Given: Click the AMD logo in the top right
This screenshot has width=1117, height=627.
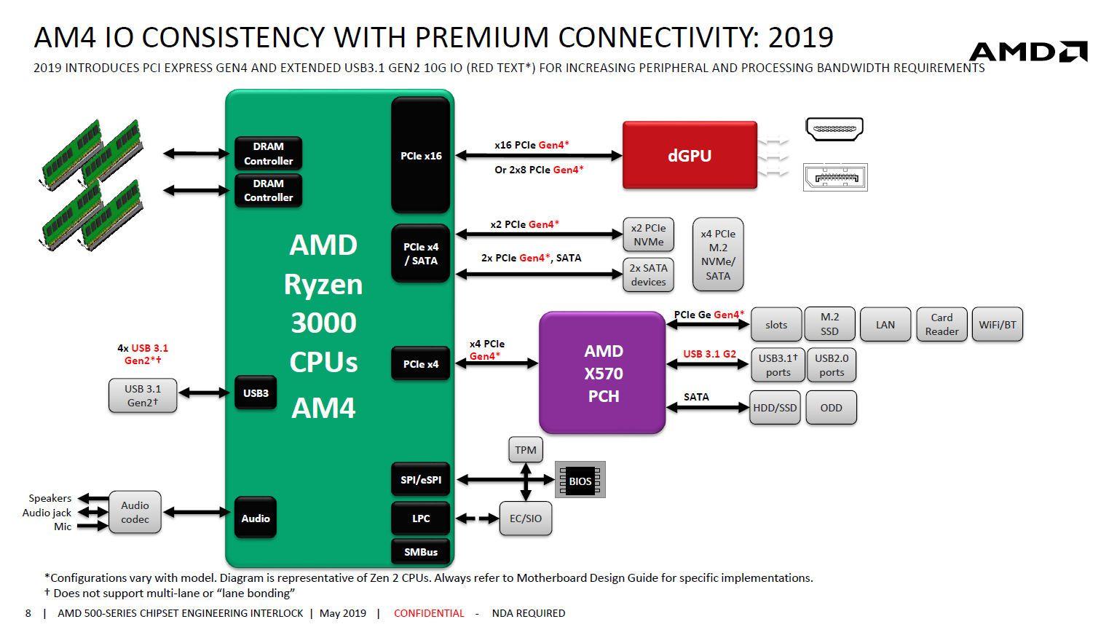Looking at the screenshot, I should coord(1027,52).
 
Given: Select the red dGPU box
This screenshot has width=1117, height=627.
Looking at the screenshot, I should coord(690,156).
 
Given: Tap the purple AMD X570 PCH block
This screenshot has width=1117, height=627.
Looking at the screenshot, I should coord(602,373).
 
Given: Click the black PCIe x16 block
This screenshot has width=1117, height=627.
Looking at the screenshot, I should coord(421,155).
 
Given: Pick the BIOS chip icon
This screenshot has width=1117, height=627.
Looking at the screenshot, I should coord(580,481).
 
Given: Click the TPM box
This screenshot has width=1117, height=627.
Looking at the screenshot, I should coord(525,450).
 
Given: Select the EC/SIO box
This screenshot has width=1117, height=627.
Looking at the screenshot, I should coord(525,518).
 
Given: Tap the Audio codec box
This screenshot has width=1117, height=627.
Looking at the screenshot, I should coord(135,512).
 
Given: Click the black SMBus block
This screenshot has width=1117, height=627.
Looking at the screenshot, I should coord(421,552).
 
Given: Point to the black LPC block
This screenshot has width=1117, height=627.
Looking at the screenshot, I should coord(421,518).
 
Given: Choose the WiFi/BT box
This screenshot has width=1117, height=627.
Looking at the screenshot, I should coord(997,324).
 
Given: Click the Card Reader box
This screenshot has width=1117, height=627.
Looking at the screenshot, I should coord(942,324).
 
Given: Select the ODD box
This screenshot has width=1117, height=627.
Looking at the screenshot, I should coord(831,408).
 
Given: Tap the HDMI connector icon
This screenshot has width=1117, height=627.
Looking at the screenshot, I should coord(834,130).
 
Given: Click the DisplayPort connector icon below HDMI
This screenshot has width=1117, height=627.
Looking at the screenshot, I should coord(835,178).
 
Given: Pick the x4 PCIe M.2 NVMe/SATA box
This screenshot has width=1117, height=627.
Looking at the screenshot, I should coord(718,254).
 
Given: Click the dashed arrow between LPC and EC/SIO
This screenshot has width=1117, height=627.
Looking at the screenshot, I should coord(478,518).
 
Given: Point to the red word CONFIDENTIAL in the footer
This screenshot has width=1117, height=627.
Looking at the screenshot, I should coord(428,613).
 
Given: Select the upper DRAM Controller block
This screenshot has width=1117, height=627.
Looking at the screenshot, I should coord(268,154).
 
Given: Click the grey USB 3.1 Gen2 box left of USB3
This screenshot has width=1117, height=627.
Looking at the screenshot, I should coord(142,395).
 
